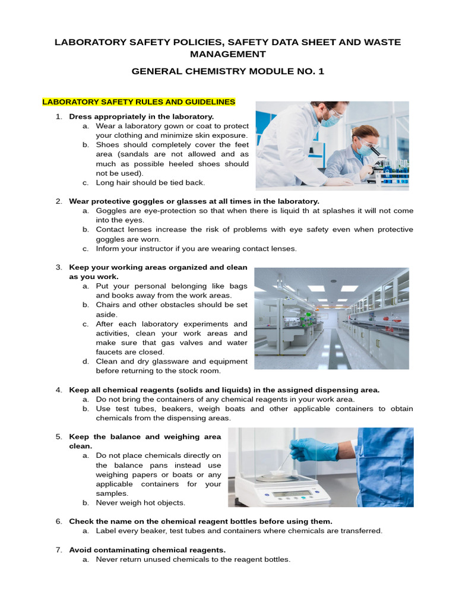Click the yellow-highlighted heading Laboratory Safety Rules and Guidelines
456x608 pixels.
[x=139, y=102]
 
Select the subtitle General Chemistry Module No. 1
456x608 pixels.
[x=227, y=71]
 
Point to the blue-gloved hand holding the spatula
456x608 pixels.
[x=313, y=449]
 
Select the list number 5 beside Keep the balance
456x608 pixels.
[x=59, y=437]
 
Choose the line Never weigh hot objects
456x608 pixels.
[x=141, y=503]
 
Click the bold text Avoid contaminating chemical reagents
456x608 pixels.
[x=147, y=550]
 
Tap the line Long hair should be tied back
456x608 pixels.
[x=150, y=182]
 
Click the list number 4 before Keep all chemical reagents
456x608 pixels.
[x=59, y=390]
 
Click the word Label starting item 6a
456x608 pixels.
[x=107, y=531]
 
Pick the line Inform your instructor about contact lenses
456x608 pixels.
[x=196, y=248]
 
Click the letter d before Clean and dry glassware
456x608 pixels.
[x=86, y=362]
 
